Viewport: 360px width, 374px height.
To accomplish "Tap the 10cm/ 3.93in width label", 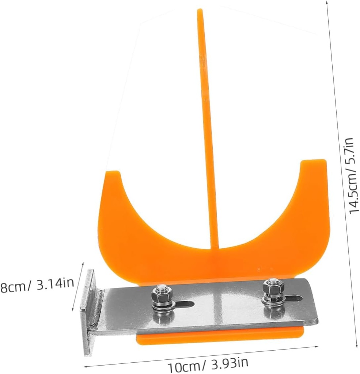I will pyautogui.click(x=208, y=364).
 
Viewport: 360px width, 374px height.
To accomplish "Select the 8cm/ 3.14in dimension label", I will pyautogui.click(x=37, y=285).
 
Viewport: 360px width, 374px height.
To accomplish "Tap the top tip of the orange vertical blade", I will pyautogui.click(x=200, y=11).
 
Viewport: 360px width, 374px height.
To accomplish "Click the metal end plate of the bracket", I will pyautogui.click(x=88, y=312).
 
